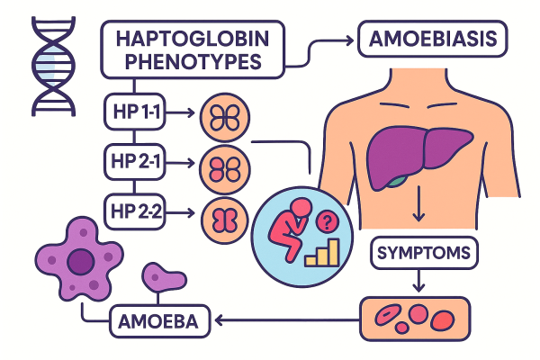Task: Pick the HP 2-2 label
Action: [x=132, y=212]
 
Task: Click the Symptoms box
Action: [x=419, y=252]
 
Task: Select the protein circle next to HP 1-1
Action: [x=219, y=115]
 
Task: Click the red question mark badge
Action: [x=326, y=220]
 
